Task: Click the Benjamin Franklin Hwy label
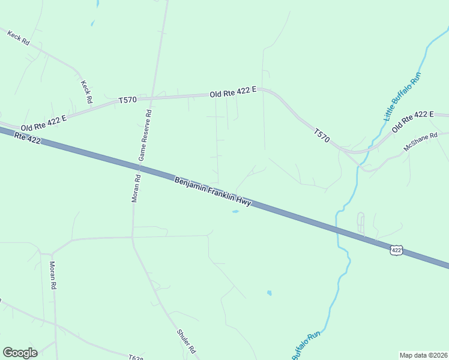[212, 192]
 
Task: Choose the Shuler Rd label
[187, 341]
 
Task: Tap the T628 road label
[136, 357]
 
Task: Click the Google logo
[20, 353]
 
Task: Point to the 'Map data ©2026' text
[423, 355]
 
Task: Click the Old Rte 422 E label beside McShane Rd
[412, 122]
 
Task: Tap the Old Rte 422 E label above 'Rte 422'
[43, 123]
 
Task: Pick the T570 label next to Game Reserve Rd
[128, 100]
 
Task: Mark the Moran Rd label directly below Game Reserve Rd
[136, 188]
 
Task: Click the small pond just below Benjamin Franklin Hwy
[235, 211]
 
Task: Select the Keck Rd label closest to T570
[87, 91]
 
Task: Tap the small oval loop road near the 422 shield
[361, 223]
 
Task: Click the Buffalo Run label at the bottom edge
[306, 347]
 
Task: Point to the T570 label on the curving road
[321, 134]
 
